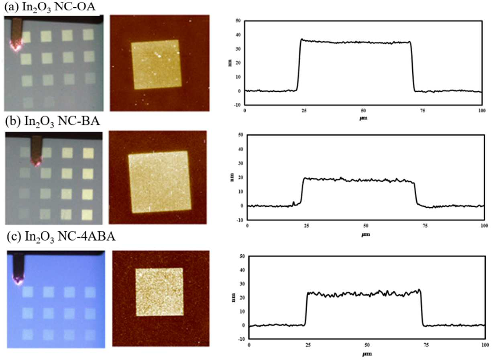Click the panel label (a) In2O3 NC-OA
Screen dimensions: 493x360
coord(50,7)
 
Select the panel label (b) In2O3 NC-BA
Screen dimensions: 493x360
coord(53,122)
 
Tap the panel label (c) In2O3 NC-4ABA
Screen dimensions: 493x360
coord(61,237)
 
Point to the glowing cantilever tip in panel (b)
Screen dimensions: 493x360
coord(37,163)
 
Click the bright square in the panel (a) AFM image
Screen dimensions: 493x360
coord(157,65)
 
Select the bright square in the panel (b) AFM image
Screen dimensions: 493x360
coord(159,182)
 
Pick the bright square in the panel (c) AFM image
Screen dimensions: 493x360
coord(159,292)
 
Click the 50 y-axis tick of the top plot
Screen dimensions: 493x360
coord(238,21)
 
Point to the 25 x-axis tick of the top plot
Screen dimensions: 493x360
coord(304,111)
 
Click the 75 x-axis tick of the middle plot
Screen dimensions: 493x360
coord(425,226)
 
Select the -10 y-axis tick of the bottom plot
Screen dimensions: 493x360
coord(241,339)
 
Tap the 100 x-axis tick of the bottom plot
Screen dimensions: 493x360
coord(485,345)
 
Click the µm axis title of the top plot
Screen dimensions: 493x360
coord(363,118)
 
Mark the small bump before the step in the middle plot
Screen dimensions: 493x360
coord(293,203)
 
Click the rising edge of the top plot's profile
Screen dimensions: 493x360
coord(298,65)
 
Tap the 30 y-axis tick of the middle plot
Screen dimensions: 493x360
coord(240,163)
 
